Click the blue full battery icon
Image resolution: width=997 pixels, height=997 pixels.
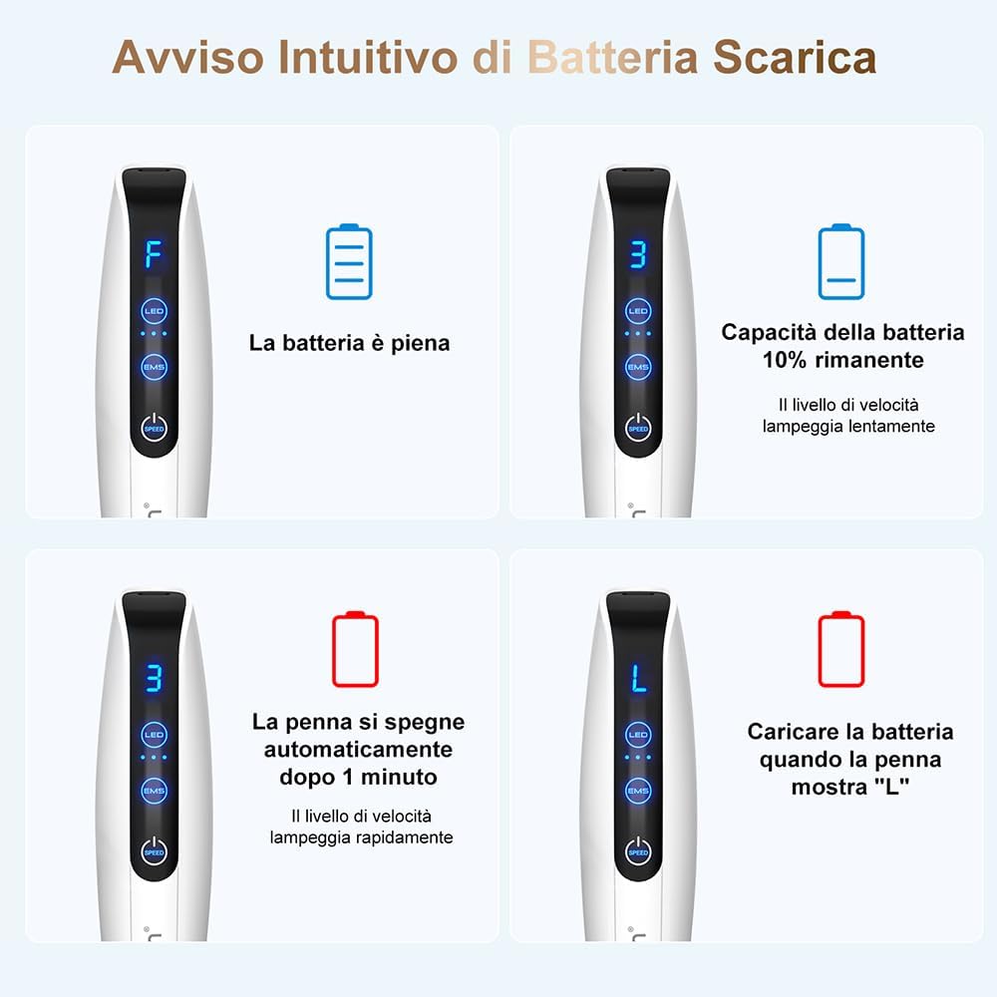349,262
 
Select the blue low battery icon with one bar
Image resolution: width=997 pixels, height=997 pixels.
840,262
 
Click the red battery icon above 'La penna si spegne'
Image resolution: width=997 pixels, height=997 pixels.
355,650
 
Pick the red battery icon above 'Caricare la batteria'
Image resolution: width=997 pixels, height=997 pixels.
840,650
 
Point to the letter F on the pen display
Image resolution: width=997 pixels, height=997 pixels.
154,253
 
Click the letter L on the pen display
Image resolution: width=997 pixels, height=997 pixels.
638,677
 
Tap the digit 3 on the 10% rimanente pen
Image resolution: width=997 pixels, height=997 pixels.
638,253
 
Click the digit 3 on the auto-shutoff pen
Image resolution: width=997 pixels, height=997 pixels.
154,677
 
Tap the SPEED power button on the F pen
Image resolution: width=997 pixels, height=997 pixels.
154,428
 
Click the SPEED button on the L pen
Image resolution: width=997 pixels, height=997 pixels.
638,850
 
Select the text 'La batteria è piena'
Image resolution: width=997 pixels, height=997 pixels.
349,344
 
